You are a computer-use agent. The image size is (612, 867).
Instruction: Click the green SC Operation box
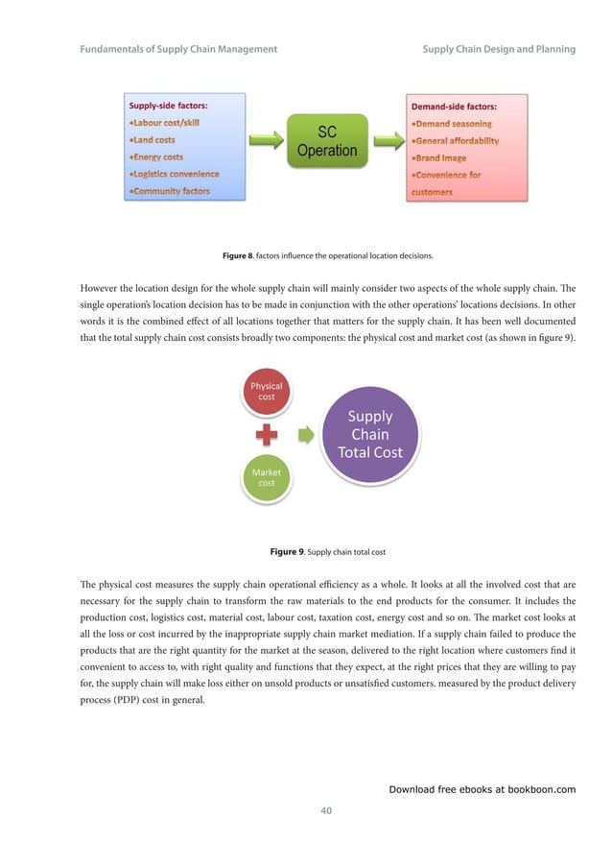pyautogui.click(x=326, y=141)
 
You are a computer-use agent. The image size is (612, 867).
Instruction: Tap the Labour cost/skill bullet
pyautogui.click(x=168, y=123)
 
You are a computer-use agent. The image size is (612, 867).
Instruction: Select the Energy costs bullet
pyautogui.click(x=157, y=157)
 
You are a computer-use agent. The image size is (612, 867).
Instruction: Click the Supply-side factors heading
pyautogui.click(x=169, y=106)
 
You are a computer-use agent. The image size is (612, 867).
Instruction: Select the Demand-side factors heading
pyautogui.click(x=454, y=106)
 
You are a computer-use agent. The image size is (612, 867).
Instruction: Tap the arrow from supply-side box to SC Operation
pyautogui.click(x=268, y=142)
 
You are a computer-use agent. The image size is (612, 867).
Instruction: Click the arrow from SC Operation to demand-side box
pyautogui.click(x=386, y=142)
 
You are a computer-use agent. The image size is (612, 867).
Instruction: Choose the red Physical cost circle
pyautogui.click(x=266, y=391)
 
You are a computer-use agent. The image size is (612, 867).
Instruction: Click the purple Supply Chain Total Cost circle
pyautogui.click(x=369, y=434)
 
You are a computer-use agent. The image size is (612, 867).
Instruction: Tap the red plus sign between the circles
pyautogui.click(x=267, y=434)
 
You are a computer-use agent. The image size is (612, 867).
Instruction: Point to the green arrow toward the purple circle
pyautogui.click(x=305, y=434)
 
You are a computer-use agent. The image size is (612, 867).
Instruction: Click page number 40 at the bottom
pyautogui.click(x=326, y=811)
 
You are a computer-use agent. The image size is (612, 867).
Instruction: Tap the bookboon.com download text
pyautogui.click(x=482, y=789)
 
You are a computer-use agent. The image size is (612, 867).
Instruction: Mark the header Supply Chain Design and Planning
pyautogui.click(x=498, y=49)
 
